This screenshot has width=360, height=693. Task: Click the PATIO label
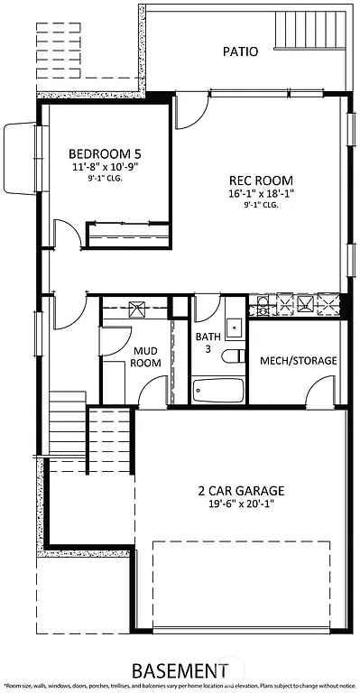tap(240, 52)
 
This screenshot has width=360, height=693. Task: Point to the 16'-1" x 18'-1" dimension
tap(260, 193)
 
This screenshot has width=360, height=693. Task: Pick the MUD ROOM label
tap(147, 356)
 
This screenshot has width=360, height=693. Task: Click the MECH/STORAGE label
tap(298, 361)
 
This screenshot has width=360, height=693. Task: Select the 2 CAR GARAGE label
tap(241, 491)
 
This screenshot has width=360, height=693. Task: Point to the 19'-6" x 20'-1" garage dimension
tap(241, 504)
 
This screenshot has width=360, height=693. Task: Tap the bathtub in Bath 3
tap(218, 391)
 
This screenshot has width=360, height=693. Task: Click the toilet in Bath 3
tap(234, 355)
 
